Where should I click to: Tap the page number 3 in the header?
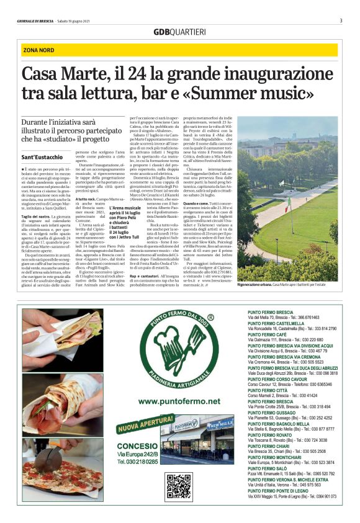[x=341, y=20]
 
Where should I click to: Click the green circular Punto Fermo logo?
[x=179, y=348]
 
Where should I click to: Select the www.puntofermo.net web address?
[x=179, y=401]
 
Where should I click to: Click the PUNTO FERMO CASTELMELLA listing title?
[x=276, y=323]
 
